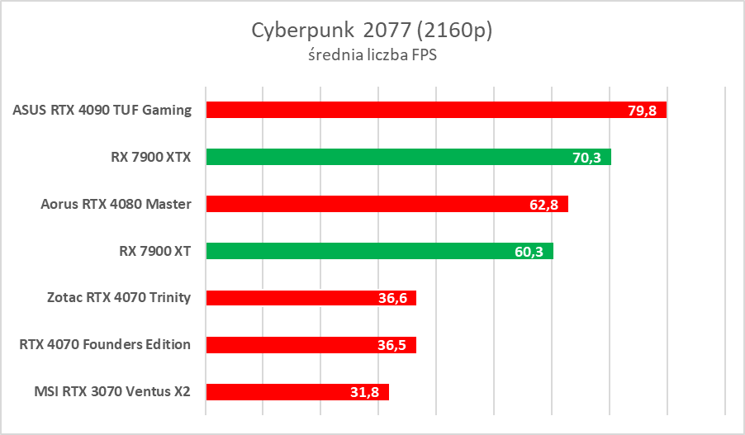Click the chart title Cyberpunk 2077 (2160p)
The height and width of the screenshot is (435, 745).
(x=372, y=31)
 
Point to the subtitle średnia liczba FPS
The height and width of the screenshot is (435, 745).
(x=372, y=56)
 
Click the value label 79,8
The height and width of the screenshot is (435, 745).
(x=642, y=111)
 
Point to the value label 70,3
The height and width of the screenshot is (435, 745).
(x=586, y=158)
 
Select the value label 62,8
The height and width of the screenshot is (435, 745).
(x=543, y=205)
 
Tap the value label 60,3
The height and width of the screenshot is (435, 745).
(x=529, y=252)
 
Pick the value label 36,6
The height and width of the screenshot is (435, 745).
(x=392, y=299)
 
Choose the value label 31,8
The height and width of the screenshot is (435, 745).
(x=364, y=393)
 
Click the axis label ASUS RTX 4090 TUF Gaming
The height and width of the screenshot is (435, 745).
(x=102, y=110)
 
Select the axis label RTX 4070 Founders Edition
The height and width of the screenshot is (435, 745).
(x=105, y=345)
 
